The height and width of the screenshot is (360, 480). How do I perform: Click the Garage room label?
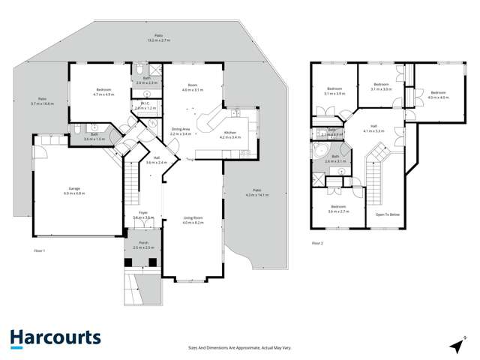74,190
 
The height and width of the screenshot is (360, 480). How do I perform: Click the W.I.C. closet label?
145,106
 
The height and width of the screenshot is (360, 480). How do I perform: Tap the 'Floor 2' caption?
318,243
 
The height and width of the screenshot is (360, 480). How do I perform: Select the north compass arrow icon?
454,345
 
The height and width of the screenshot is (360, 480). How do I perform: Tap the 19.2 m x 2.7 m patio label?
158,37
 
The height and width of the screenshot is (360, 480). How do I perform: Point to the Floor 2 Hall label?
373,128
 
